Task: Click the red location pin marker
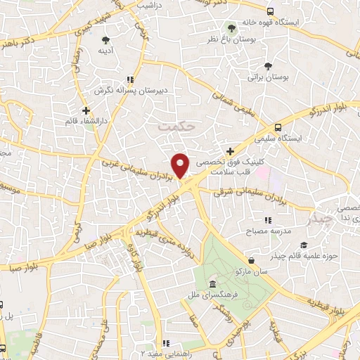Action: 181,166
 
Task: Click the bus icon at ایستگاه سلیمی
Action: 278,127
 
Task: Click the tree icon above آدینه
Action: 105,39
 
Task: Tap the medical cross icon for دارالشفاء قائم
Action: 86,110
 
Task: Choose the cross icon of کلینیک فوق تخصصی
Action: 231,151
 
